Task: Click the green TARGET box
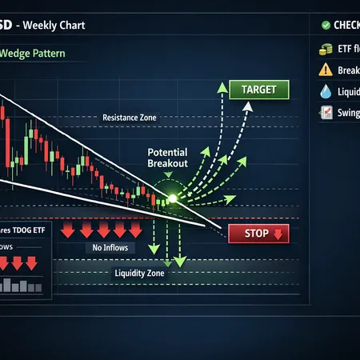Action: coord(253,90)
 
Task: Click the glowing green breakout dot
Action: coord(171,197)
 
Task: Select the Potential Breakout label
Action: coord(167,157)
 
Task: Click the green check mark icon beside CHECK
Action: coord(325,24)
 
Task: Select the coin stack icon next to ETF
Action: coord(326,49)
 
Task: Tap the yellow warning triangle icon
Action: coord(326,70)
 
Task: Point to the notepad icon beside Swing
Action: coord(326,113)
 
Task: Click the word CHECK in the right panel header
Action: coord(346,24)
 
